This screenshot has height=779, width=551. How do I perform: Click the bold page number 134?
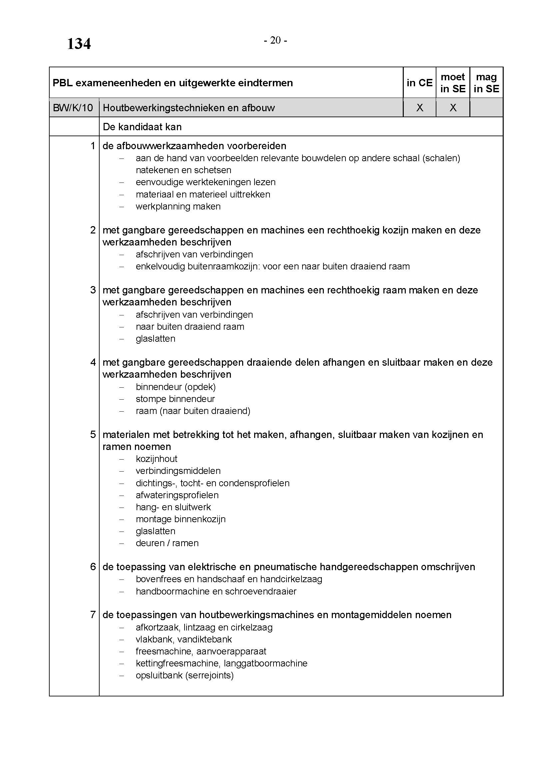(x=79, y=44)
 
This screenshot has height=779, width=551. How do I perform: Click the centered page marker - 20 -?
(x=275, y=40)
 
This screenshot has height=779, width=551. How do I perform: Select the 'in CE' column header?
(x=419, y=83)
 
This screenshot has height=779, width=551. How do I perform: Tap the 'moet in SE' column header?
(x=453, y=83)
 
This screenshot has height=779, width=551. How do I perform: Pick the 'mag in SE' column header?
(x=486, y=83)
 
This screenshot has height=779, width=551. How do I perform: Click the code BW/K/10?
(x=73, y=108)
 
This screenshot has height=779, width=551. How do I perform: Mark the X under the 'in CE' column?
(x=420, y=108)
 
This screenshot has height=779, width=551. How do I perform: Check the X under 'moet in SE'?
(x=453, y=108)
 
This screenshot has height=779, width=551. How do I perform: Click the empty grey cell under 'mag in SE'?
(x=486, y=108)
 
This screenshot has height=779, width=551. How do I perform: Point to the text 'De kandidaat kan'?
(x=142, y=127)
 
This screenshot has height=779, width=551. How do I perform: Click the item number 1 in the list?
(x=93, y=146)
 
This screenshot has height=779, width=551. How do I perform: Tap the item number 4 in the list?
(x=93, y=362)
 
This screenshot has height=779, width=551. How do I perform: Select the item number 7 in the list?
(x=93, y=615)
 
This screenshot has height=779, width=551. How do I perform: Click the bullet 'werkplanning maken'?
(x=178, y=206)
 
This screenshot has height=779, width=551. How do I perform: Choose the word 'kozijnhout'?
(x=157, y=459)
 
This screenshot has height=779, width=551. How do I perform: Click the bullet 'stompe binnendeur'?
(x=175, y=399)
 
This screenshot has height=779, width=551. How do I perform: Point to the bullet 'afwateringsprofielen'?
(x=177, y=495)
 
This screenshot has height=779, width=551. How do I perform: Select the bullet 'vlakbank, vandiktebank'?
(x=184, y=639)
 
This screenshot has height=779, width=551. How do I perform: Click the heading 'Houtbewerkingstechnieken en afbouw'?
(x=189, y=108)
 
